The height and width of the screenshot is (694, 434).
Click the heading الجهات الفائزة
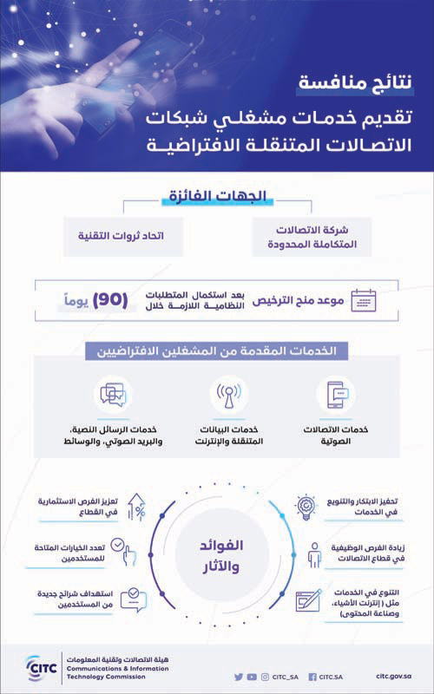point(218,198)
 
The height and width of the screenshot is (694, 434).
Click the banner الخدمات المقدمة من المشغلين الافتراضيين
point(217,352)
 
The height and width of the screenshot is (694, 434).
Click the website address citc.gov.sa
point(398,677)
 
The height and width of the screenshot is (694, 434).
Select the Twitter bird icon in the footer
point(239,677)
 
